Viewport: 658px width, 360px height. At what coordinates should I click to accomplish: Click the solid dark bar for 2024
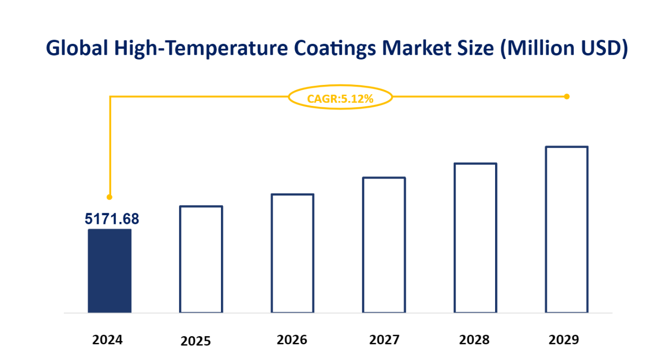click(x=109, y=271)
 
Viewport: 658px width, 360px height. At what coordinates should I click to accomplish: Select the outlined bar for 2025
click(x=201, y=259)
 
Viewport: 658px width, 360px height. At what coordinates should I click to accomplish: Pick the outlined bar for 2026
click(x=292, y=253)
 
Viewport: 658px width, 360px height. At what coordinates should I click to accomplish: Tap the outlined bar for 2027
click(x=384, y=245)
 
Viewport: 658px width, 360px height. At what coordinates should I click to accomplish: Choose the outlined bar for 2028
click(x=475, y=238)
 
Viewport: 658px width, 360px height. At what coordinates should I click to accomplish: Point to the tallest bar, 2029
click(x=566, y=229)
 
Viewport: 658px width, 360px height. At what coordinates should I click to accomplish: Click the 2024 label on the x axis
click(x=107, y=340)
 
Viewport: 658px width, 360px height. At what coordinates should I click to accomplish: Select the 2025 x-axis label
click(x=196, y=341)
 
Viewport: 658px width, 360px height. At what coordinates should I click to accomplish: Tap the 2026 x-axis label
click(x=292, y=340)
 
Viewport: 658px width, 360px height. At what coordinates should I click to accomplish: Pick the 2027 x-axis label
click(x=384, y=340)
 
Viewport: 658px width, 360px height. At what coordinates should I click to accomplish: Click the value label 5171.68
click(x=112, y=219)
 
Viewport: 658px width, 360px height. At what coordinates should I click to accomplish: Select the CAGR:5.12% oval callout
click(x=340, y=99)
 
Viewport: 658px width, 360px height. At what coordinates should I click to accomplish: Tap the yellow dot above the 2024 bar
click(x=109, y=197)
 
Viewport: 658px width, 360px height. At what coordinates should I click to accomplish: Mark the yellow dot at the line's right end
click(x=566, y=97)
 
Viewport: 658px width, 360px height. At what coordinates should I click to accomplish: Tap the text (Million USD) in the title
click(x=563, y=48)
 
